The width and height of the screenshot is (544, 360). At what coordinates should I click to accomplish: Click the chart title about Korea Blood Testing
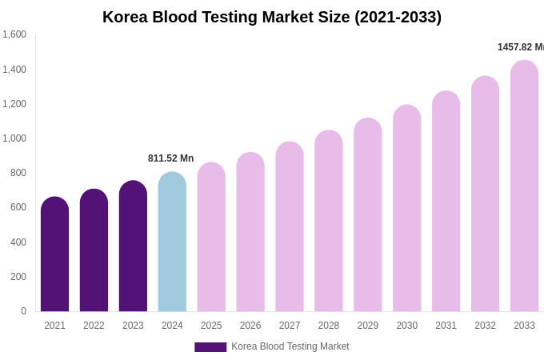coord(272,17)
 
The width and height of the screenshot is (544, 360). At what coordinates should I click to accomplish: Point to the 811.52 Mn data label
coord(170,158)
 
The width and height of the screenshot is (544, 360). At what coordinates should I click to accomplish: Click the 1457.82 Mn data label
coord(520,47)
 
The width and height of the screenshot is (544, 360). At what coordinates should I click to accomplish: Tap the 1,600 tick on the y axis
coord(14,34)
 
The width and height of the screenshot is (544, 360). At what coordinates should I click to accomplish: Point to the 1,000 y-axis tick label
coord(14,138)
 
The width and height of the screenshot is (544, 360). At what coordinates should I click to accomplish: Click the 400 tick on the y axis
coord(18,242)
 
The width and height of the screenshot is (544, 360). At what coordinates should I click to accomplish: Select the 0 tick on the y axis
coord(23,311)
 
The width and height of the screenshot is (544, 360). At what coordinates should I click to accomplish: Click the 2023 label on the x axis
coord(133,326)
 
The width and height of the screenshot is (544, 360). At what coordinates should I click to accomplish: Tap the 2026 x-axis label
coord(250,326)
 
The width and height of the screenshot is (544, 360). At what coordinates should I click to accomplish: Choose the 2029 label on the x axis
coord(368,326)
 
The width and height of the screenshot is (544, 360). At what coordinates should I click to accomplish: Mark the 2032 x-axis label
coord(485,326)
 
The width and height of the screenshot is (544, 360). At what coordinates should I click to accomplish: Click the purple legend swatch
coord(210,347)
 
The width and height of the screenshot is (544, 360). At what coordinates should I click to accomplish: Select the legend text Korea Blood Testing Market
coord(290,346)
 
